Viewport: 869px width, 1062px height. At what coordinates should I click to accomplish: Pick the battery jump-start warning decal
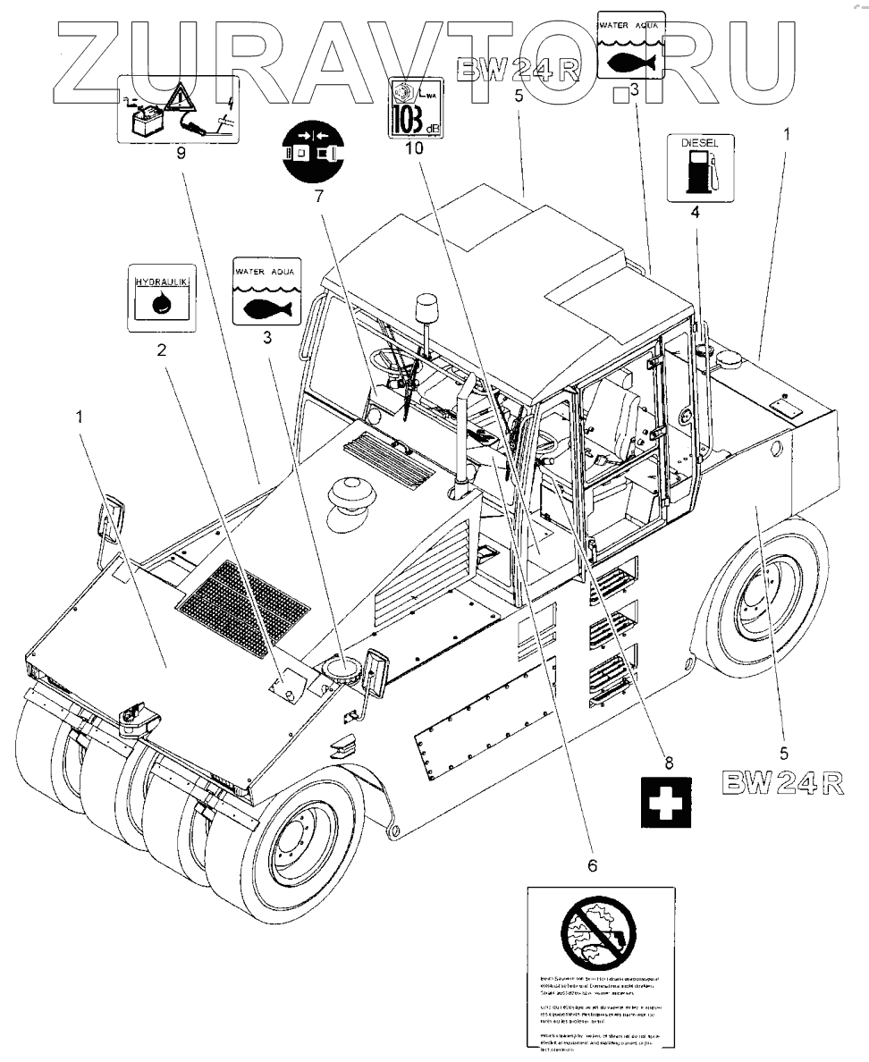click(x=179, y=111)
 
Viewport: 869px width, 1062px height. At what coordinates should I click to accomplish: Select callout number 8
click(x=667, y=762)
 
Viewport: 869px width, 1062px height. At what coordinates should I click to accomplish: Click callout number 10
click(x=413, y=148)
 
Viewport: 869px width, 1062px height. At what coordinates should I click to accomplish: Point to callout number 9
click(x=181, y=153)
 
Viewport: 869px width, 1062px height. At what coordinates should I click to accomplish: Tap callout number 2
click(x=162, y=350)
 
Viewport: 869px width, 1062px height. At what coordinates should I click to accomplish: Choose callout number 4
click(x=695, y=213)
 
